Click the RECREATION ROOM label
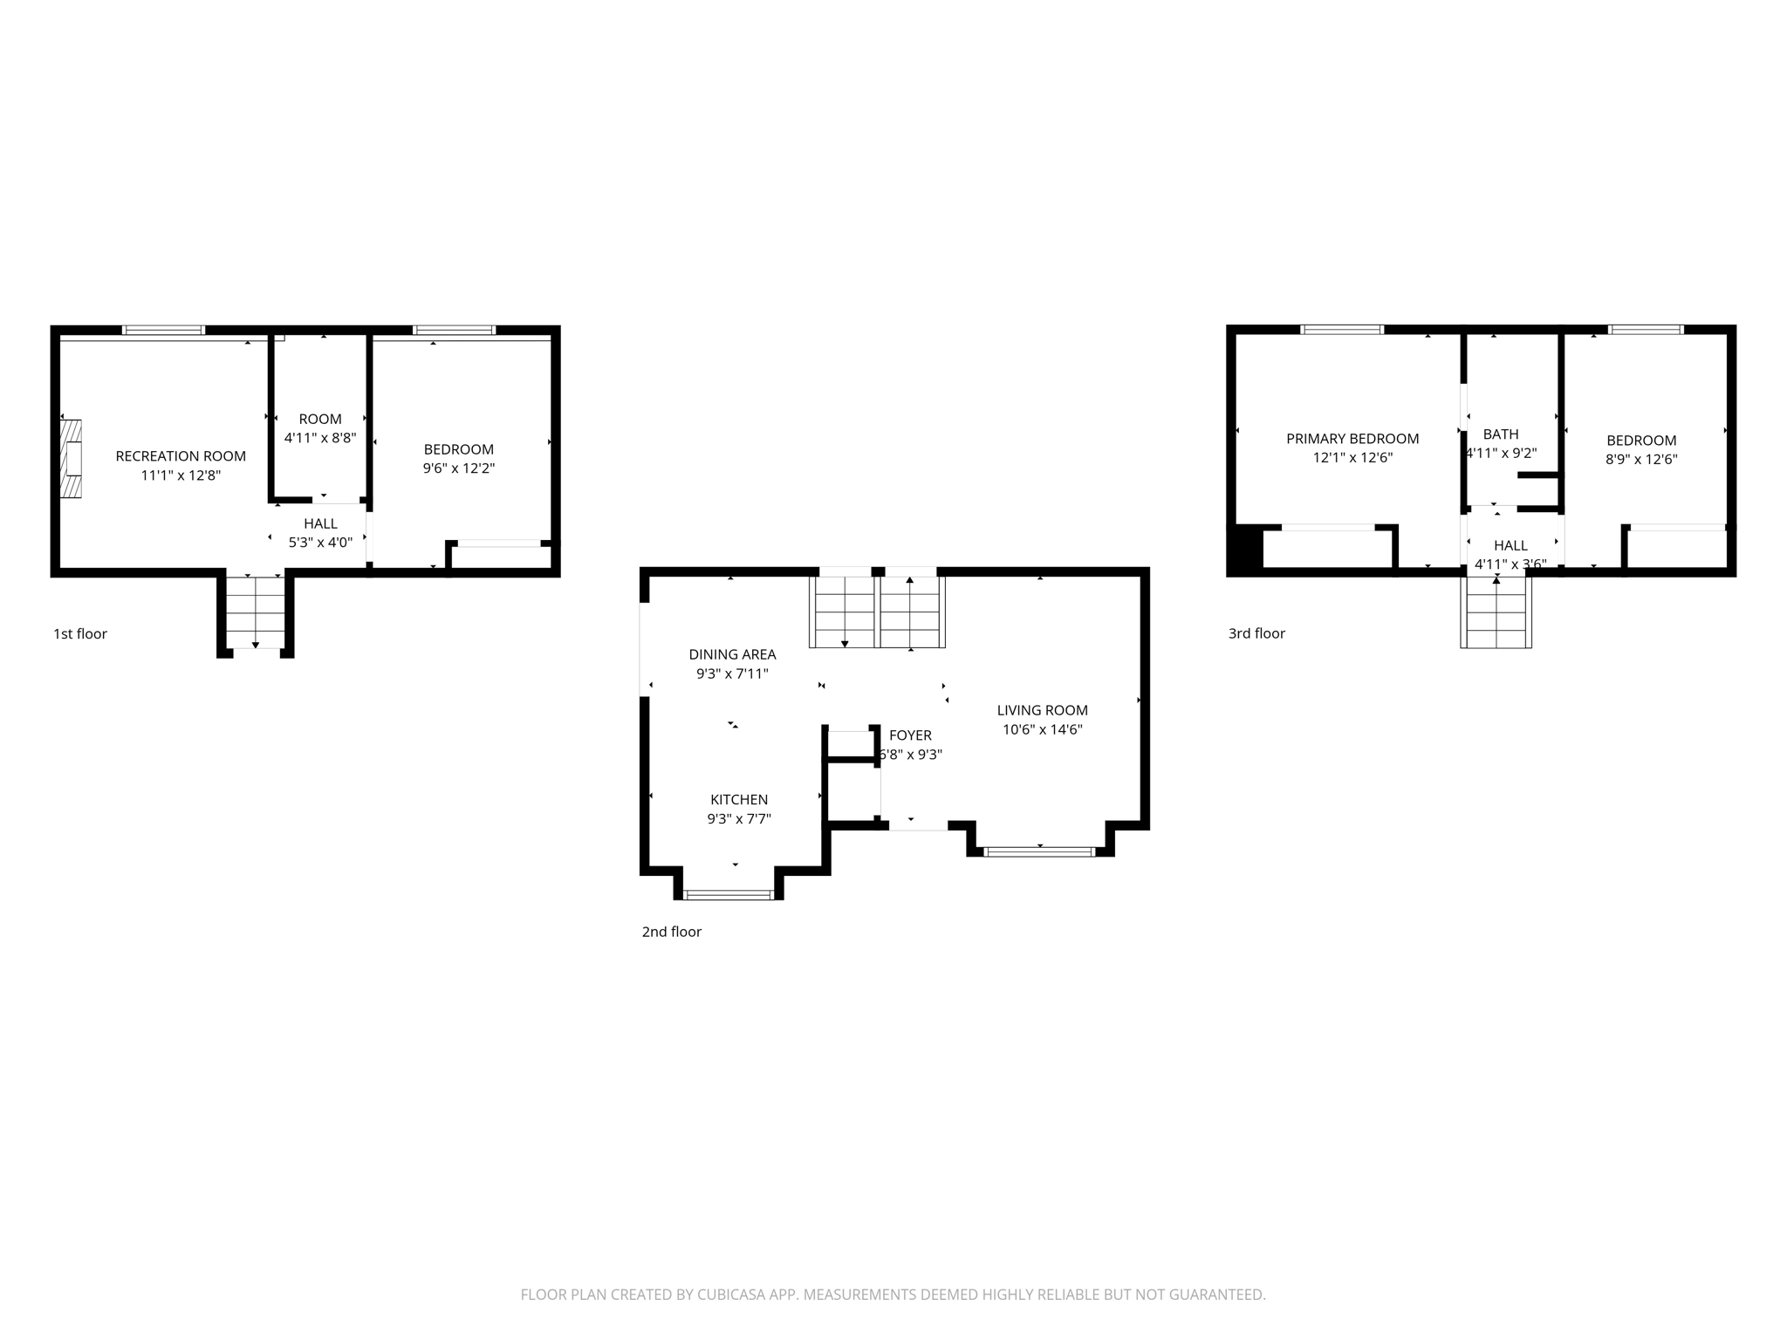point(181,455)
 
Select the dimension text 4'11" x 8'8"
point(320,438)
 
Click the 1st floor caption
point(80,634)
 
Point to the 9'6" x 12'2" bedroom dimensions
point(459,468)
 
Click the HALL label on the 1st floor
point(320,523)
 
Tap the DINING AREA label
point(732,654)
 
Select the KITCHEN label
point(739,799)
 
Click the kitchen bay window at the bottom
point(729,894)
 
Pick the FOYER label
point(910,735)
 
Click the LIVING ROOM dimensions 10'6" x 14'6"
point(1043,730)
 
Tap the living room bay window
point(1039,851)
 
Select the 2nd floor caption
point(672,932)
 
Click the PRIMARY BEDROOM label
point(1352,439)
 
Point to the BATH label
point(1501,434)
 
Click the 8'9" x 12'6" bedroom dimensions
point(1641,460)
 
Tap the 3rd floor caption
point(1256,634)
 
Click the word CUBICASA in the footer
point(731,1295)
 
